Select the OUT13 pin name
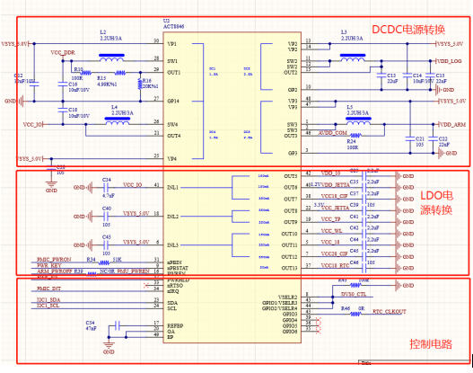(289, 267)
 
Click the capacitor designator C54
(90, 321)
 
